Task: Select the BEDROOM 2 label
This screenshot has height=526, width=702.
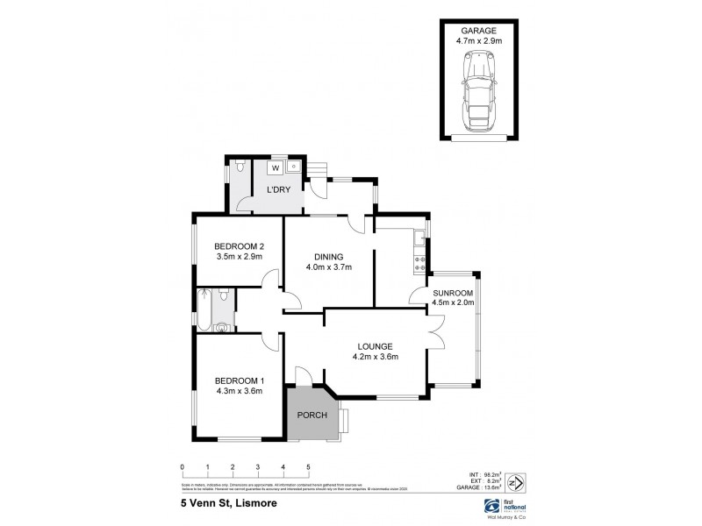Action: [x=240, y=246]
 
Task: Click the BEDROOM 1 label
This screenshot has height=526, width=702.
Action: [x=240, y=380]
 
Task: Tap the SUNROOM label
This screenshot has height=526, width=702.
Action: [x=453, y=293]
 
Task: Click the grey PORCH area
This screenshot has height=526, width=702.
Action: [x=312, y=415]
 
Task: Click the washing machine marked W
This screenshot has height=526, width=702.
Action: [x=275, y=167]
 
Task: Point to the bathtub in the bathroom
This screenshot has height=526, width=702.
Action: [x=204, y=311]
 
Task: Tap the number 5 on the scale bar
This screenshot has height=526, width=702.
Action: [x=308, y=467]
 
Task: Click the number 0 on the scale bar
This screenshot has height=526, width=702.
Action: [x=182, y=467]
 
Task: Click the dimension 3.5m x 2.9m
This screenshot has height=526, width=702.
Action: [x=240, y=257]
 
